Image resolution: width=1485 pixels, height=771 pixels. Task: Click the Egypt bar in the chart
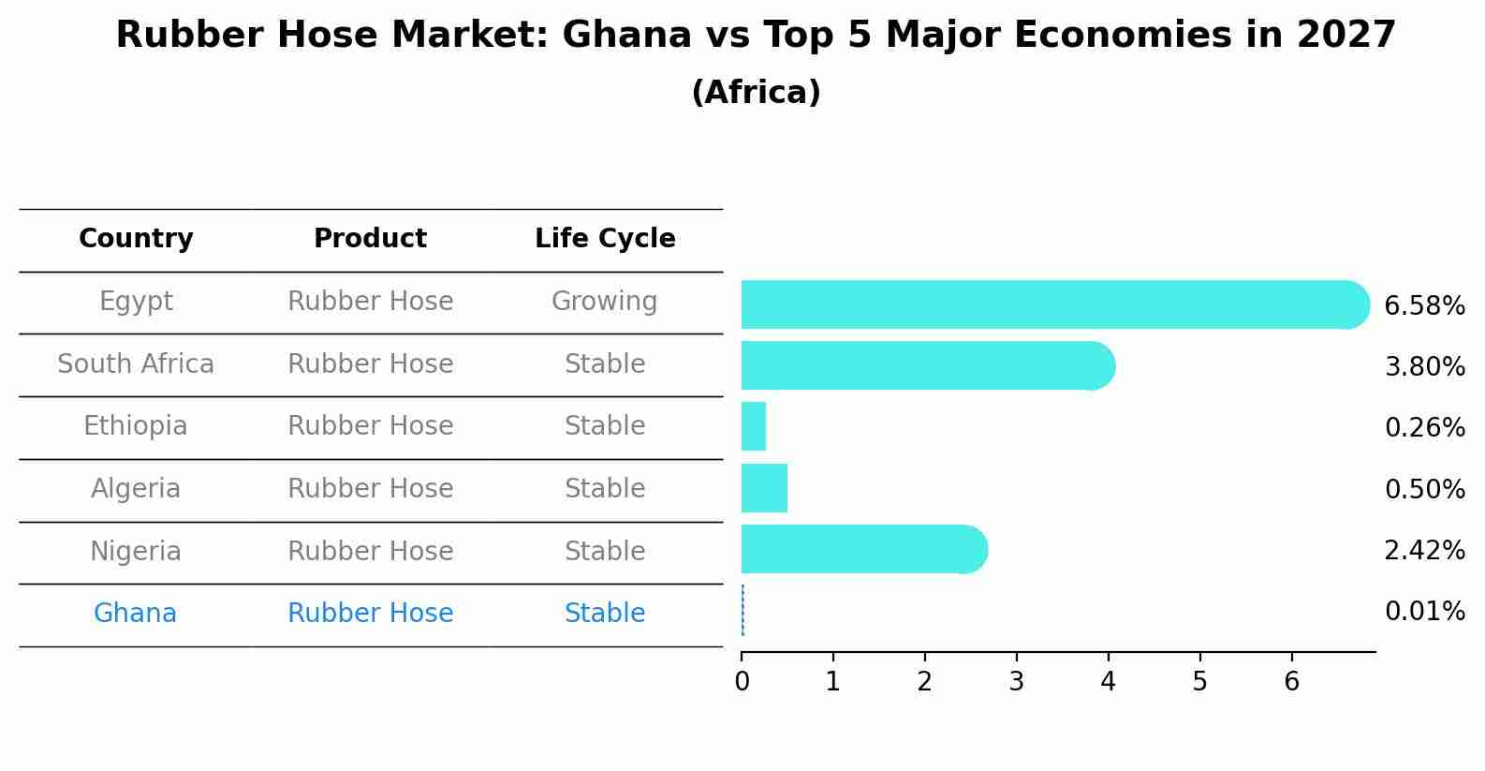click(1049, 304)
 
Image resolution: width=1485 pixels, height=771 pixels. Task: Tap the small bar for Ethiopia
click(754, 426)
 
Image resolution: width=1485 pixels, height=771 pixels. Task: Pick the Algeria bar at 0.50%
click(764, 488)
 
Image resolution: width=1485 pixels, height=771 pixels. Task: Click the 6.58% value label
click(1423, 305)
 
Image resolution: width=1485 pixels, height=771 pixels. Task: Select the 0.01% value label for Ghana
click(1424, 612)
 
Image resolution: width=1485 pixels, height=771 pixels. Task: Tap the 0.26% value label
click(1424, 428)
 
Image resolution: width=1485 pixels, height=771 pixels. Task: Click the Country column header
click(136, 239)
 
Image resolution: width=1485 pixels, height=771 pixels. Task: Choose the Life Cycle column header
click(605, 239)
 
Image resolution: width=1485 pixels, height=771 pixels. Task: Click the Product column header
click(370, 239)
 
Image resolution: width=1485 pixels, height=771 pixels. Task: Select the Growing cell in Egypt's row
click(604, 302)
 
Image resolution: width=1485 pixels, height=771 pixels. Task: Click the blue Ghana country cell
click(135, 614)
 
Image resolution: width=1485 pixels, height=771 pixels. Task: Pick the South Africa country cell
click(136, 363)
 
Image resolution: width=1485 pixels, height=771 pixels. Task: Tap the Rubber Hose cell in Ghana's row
click(370, 614)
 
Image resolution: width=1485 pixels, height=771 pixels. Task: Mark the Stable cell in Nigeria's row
click(604, 551)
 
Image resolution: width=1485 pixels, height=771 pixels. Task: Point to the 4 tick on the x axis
click(1108, 681)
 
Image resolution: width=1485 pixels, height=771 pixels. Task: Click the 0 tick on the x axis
click(742, 681)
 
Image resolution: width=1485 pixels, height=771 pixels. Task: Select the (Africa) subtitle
click(756, 93)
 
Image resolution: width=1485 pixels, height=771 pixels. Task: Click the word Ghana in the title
click(613, 36)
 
